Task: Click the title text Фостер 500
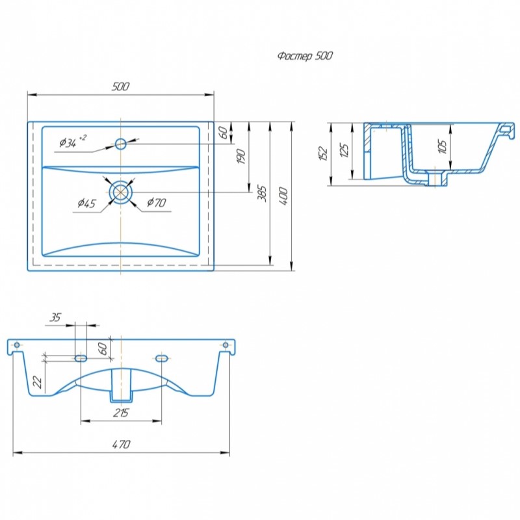coord(305,56)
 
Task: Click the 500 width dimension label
coord(120,86)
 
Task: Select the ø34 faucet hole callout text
coord(73,141)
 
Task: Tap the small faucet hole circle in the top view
coord(121,144)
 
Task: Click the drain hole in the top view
coord(121,192)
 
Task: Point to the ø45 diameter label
coord(87,203)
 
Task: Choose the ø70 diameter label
coord(156,202)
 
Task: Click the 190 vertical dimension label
coord(241,157)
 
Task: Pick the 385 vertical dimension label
coord(262,193)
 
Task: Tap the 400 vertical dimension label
coord(283,196)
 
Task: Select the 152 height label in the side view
coord(323,153)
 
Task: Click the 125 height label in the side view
coord(344,151)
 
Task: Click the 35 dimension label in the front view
coord(55,317)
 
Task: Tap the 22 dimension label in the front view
coord(38,382)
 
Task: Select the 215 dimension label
coord(121,413)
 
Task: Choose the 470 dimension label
coord(121,445)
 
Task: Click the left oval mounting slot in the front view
coord(81,358)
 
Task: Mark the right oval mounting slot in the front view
coord(161,358)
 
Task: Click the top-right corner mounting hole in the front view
coord(226,345)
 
